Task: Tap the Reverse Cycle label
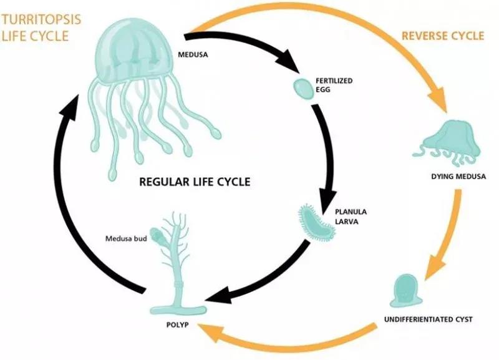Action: coord(442,36)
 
